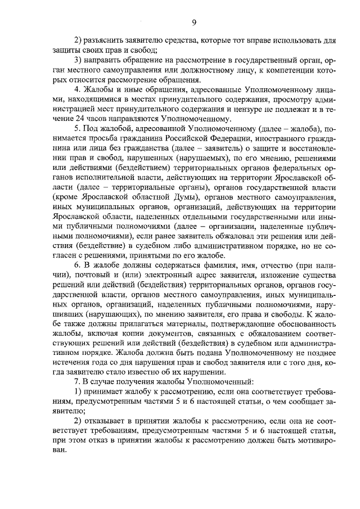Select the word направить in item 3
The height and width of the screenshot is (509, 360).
click(x=105, y=61)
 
